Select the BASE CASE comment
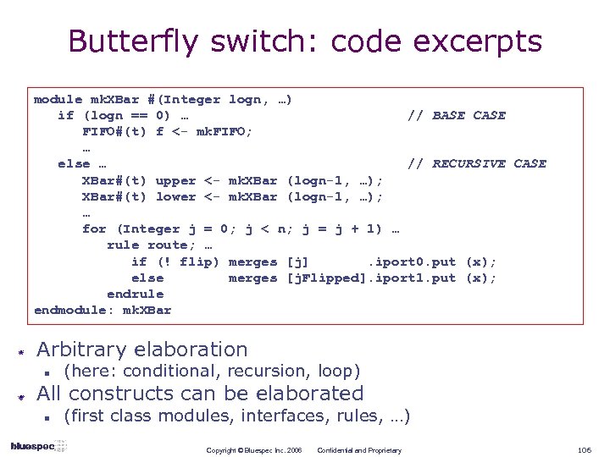[469, 115]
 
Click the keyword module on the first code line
[58, 99]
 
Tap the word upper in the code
[175, 179]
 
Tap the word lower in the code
[175, 196]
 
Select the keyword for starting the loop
[94, 228]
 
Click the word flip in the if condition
[200, 262]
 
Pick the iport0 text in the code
[398, 262]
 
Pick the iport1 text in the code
[398, 278]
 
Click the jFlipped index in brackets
[327, 278]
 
